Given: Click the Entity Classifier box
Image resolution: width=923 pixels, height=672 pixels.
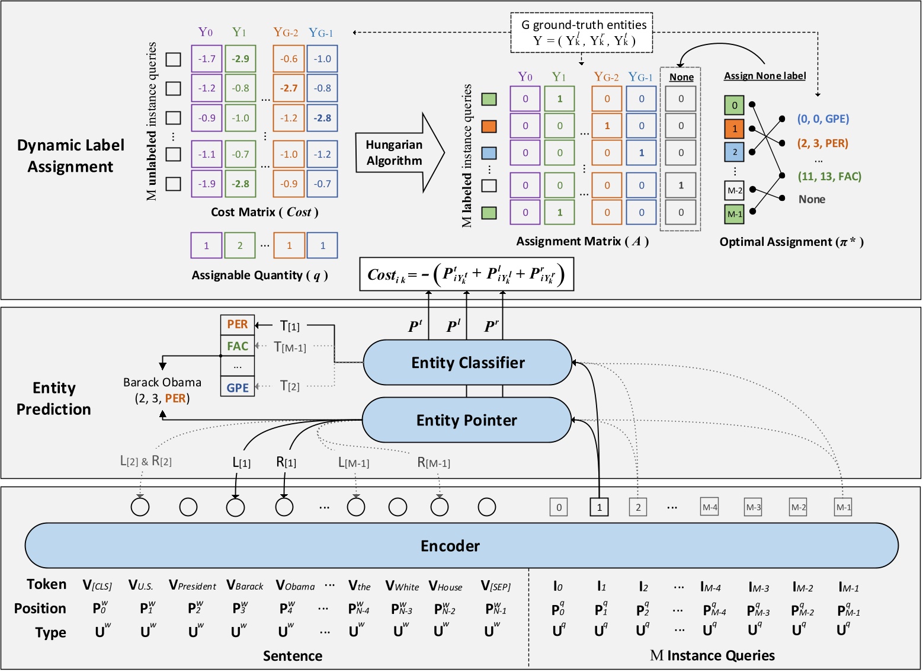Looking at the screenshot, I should (x=467, y=363).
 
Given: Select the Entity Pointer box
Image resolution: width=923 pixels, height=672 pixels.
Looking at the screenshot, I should (x=466, y=420).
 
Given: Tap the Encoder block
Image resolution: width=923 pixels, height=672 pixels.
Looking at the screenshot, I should (x=450, y=545).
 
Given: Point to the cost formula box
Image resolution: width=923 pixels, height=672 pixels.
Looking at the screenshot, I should (x=466, y=274).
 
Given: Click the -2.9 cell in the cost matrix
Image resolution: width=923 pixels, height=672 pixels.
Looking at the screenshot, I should (x=241, y=59).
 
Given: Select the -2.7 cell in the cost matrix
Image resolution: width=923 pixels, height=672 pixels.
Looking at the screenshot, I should (x=289, y=88).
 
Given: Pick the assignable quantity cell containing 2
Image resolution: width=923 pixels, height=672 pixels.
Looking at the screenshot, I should (x=240, y=245).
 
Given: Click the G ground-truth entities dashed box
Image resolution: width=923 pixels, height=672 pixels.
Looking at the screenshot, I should (x=581, y=33).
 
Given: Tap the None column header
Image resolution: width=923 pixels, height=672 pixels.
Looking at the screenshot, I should (x=681, y=77).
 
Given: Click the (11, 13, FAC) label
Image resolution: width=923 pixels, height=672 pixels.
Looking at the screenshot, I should (x=829, y=177).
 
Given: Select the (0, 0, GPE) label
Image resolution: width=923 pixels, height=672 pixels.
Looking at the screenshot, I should (x=823, y=119).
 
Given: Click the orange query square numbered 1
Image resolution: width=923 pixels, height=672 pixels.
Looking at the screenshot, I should (x=734, y=129).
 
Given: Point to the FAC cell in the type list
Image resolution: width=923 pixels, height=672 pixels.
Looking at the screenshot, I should (x=238, y=346).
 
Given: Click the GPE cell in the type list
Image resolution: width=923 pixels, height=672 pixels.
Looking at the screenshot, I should (x=238, y=388).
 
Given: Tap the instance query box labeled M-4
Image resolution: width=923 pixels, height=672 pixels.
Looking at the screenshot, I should (x=710, y=507).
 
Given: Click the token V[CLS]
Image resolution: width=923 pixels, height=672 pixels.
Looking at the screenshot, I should (x=97, y=586).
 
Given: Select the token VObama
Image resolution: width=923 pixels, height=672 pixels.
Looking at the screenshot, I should (x=295, y=586).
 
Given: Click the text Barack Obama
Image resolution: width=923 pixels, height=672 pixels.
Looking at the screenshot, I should (x=162, y=382).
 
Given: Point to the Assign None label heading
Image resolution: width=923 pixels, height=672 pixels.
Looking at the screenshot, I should (x=764, y=76).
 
